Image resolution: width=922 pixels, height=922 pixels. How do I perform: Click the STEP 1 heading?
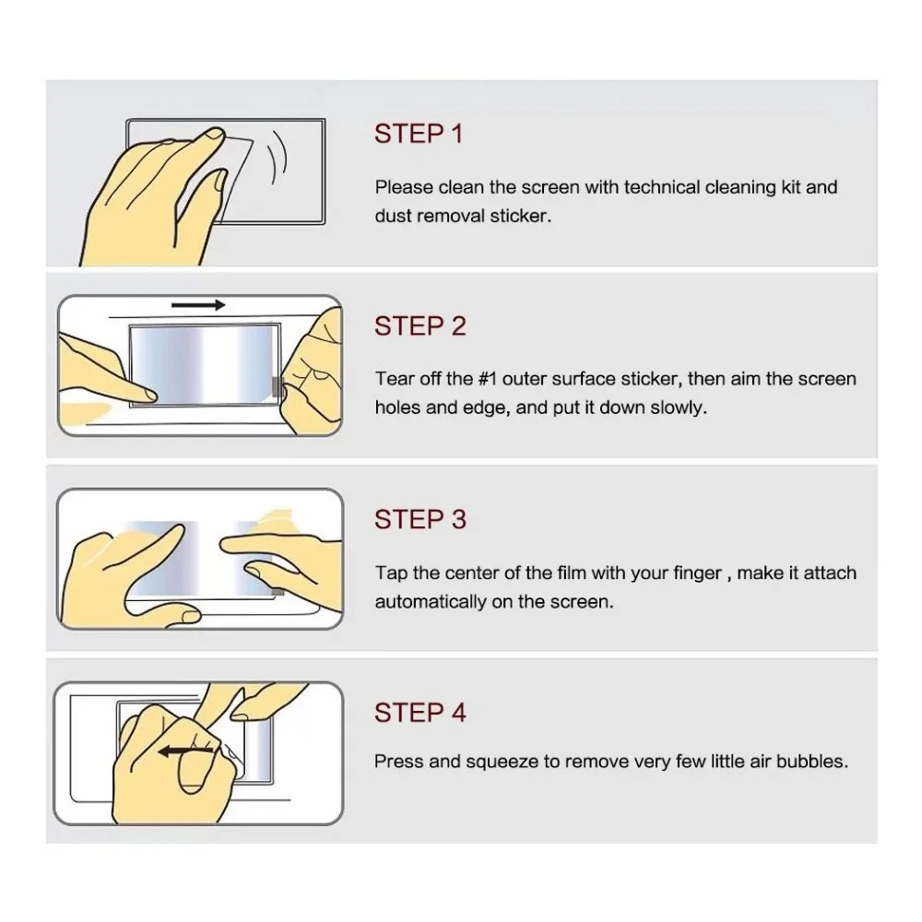click(x=419, y=134)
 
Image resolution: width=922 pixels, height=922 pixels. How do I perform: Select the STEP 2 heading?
click(x=420, y=326)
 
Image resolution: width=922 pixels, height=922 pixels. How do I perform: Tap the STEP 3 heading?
click(x=420, y=520)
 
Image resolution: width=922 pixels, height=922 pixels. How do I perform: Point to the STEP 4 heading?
click(x=420, y=713)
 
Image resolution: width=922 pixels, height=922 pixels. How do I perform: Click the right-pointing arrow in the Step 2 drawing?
click(x=198, y=305)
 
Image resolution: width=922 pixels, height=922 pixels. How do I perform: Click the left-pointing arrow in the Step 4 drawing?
click(x=181, y=752)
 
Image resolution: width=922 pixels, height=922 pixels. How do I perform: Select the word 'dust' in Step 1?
click(x=393, y=217)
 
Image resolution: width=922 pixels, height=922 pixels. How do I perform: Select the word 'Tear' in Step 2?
click(x=392, y=379)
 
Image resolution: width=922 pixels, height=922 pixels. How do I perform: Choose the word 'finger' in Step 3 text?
click(x=697, y=573)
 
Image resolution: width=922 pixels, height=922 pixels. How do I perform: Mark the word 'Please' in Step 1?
click(x=404, y=187)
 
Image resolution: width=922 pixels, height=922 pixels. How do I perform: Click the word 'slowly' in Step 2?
click(x=678, y=408)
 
